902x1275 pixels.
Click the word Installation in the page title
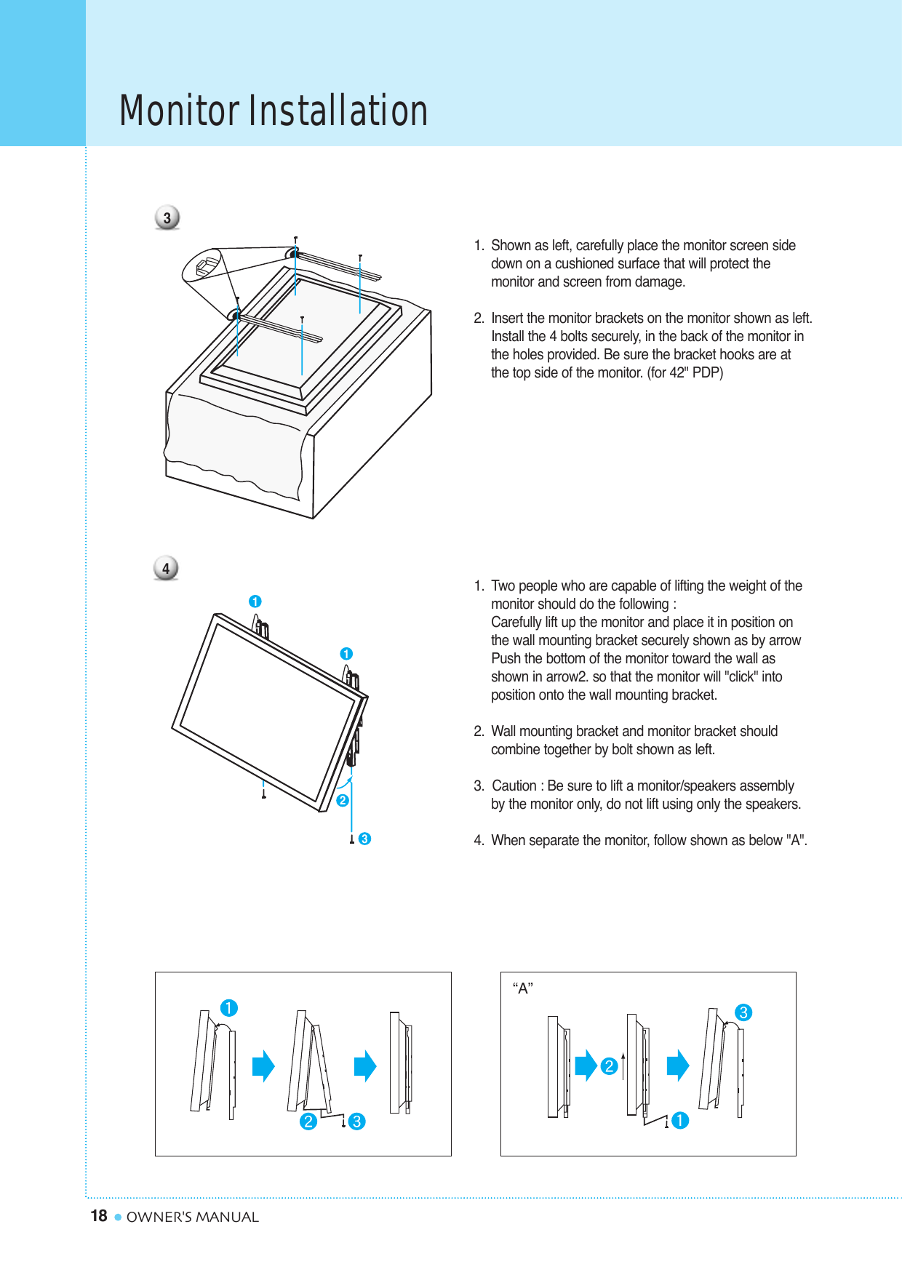coord(338,111)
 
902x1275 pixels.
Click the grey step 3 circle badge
coord(167,217)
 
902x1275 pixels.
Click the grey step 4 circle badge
coord(166,568)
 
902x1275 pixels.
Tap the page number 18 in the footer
coord(98,1216)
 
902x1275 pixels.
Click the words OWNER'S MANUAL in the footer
coord(193,1217)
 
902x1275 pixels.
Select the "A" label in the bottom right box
coord(522,988)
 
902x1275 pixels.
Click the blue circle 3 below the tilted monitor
coord(365,839)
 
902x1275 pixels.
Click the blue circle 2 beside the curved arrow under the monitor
coord(343,800)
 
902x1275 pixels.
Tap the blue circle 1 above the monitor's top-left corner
coord(255,601)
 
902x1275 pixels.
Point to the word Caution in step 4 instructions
coord(514,786)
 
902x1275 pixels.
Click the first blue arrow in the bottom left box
coord(263,1066)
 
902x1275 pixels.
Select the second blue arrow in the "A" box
coord(678,1066)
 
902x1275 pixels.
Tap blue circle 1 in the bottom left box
coord(229,1008)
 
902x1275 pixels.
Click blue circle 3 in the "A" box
coord(743,1012)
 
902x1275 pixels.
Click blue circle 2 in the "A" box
coord(609,1066)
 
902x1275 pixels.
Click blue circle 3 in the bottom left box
coord(356,1122)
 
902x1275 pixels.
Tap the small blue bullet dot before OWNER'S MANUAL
coord(118,1217)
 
